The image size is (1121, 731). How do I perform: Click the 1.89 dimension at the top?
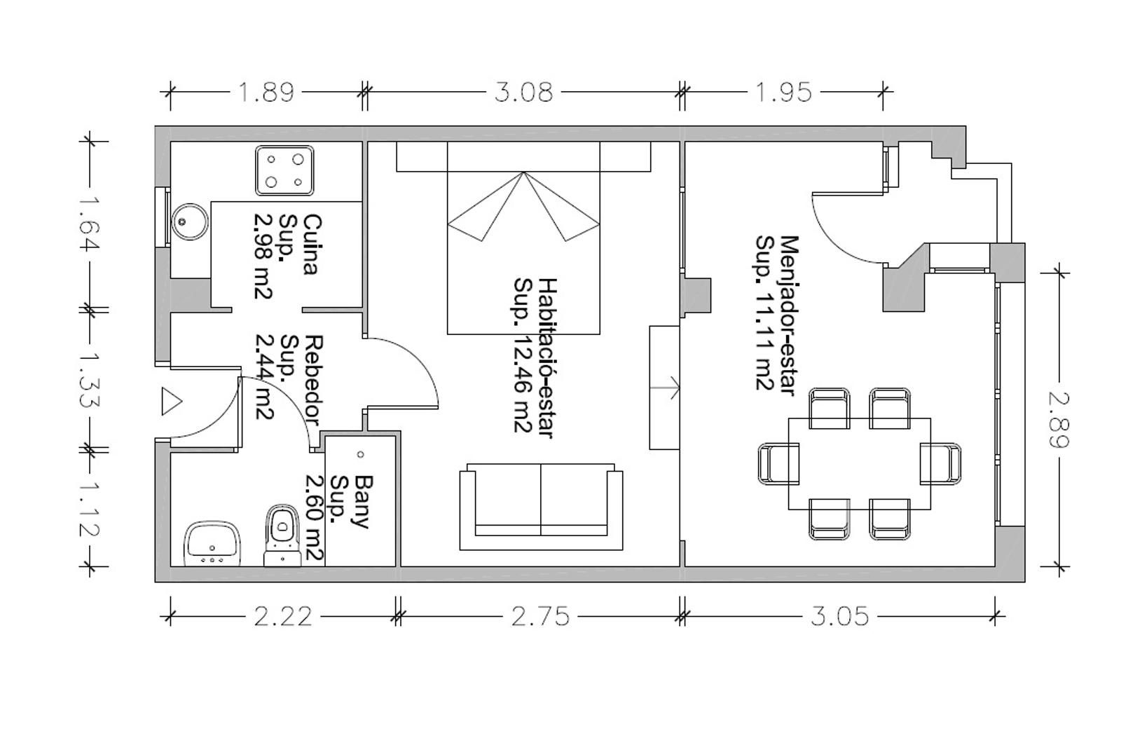point(266,93)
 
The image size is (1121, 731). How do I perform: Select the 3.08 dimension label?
point(523,93)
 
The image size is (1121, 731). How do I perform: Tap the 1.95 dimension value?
point(783,93)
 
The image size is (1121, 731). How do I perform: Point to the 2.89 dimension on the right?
point(1059,420)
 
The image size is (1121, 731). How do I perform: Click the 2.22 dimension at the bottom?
point(283,616)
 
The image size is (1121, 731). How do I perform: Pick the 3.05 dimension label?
point(840,616)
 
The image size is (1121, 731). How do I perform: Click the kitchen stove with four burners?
point(284,170)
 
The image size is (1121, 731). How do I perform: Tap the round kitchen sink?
point(190,221)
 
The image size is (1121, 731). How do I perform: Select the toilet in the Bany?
point(282,535)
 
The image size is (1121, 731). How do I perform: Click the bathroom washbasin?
point(213,544)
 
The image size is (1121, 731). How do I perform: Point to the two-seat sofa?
point(541,507)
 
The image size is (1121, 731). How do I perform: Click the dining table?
point(859,464)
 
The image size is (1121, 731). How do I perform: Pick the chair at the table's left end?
point(778,464)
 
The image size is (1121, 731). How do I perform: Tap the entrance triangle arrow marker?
point(171,401)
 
